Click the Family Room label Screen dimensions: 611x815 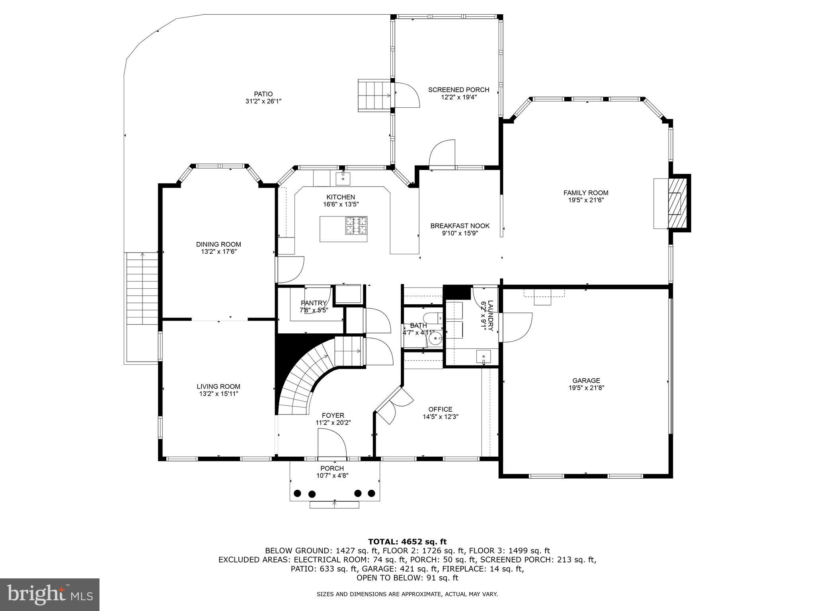tap(585, 193)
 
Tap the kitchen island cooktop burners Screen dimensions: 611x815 tap(356, 226)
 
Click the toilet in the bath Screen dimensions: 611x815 tap(432, 318)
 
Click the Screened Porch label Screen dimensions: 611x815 tap(458, 90)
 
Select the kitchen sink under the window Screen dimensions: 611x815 tap(343, 179)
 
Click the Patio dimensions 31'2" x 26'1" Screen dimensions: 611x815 tap(264, 101)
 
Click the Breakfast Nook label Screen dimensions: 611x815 tap(460, 226)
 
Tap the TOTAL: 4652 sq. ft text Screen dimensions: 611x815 tap(407, 541)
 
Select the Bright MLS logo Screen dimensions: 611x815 tap(50, 594)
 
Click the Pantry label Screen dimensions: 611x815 tap(314, 303)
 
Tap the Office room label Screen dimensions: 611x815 tap(440, 409)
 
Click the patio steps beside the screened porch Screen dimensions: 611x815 tap(374, 95)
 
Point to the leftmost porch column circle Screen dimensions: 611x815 tap(297, 493)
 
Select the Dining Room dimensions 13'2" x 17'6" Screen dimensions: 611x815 tap(219, 251)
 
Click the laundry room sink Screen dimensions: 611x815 tap(484, 356)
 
